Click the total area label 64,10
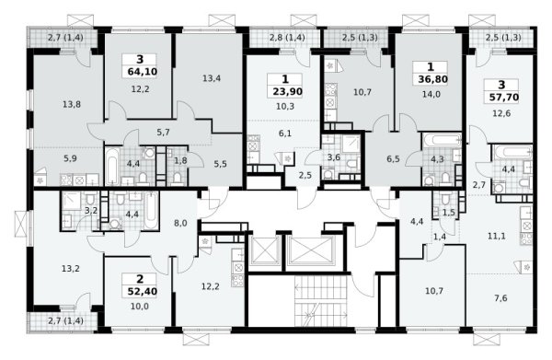[x=143, y=72]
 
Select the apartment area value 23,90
[x=287, y=91]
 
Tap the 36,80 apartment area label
[x=432, y=79]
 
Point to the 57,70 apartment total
[x=504, y=97]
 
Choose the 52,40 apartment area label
[x=143, y=291]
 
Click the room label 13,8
[x=72, y=104]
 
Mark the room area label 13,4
[x=212, y=78]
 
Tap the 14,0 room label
[x=431, y=94]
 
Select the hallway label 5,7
[x=163, y=133]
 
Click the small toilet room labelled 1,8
[x=180, y=160]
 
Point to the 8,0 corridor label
[x=180, y=223]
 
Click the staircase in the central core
[x=321, y=300]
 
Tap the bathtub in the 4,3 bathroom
[x=443, y=140]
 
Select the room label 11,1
[x=497, y=236]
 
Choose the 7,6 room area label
[x=500, y=298]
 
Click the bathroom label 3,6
[x=333, y=157]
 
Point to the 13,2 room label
[x=71, y=269]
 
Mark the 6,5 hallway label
[x=393, y=159]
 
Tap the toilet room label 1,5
[x=449, y=212]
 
